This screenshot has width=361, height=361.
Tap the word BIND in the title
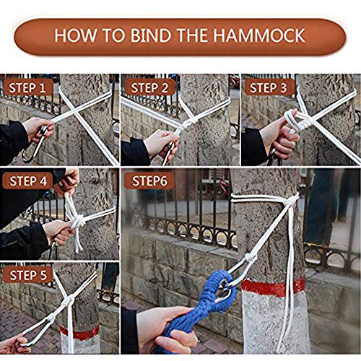click(x=152, y=35)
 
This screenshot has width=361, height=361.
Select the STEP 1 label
click(x=27, y=87)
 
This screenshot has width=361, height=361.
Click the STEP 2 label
click(x=149, y=87)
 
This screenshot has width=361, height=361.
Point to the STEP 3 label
click(x=269, y=87)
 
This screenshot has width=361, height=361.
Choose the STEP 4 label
click(x=28, y=181)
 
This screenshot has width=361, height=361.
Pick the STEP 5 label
click(x=28, y=275)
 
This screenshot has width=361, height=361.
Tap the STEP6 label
click(x=149, y=181)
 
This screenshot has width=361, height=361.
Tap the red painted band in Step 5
click(x=79, y=333)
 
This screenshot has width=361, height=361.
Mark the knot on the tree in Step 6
click(x=290, y=201)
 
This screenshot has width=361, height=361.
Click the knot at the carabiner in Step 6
click(x=250, y=258)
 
